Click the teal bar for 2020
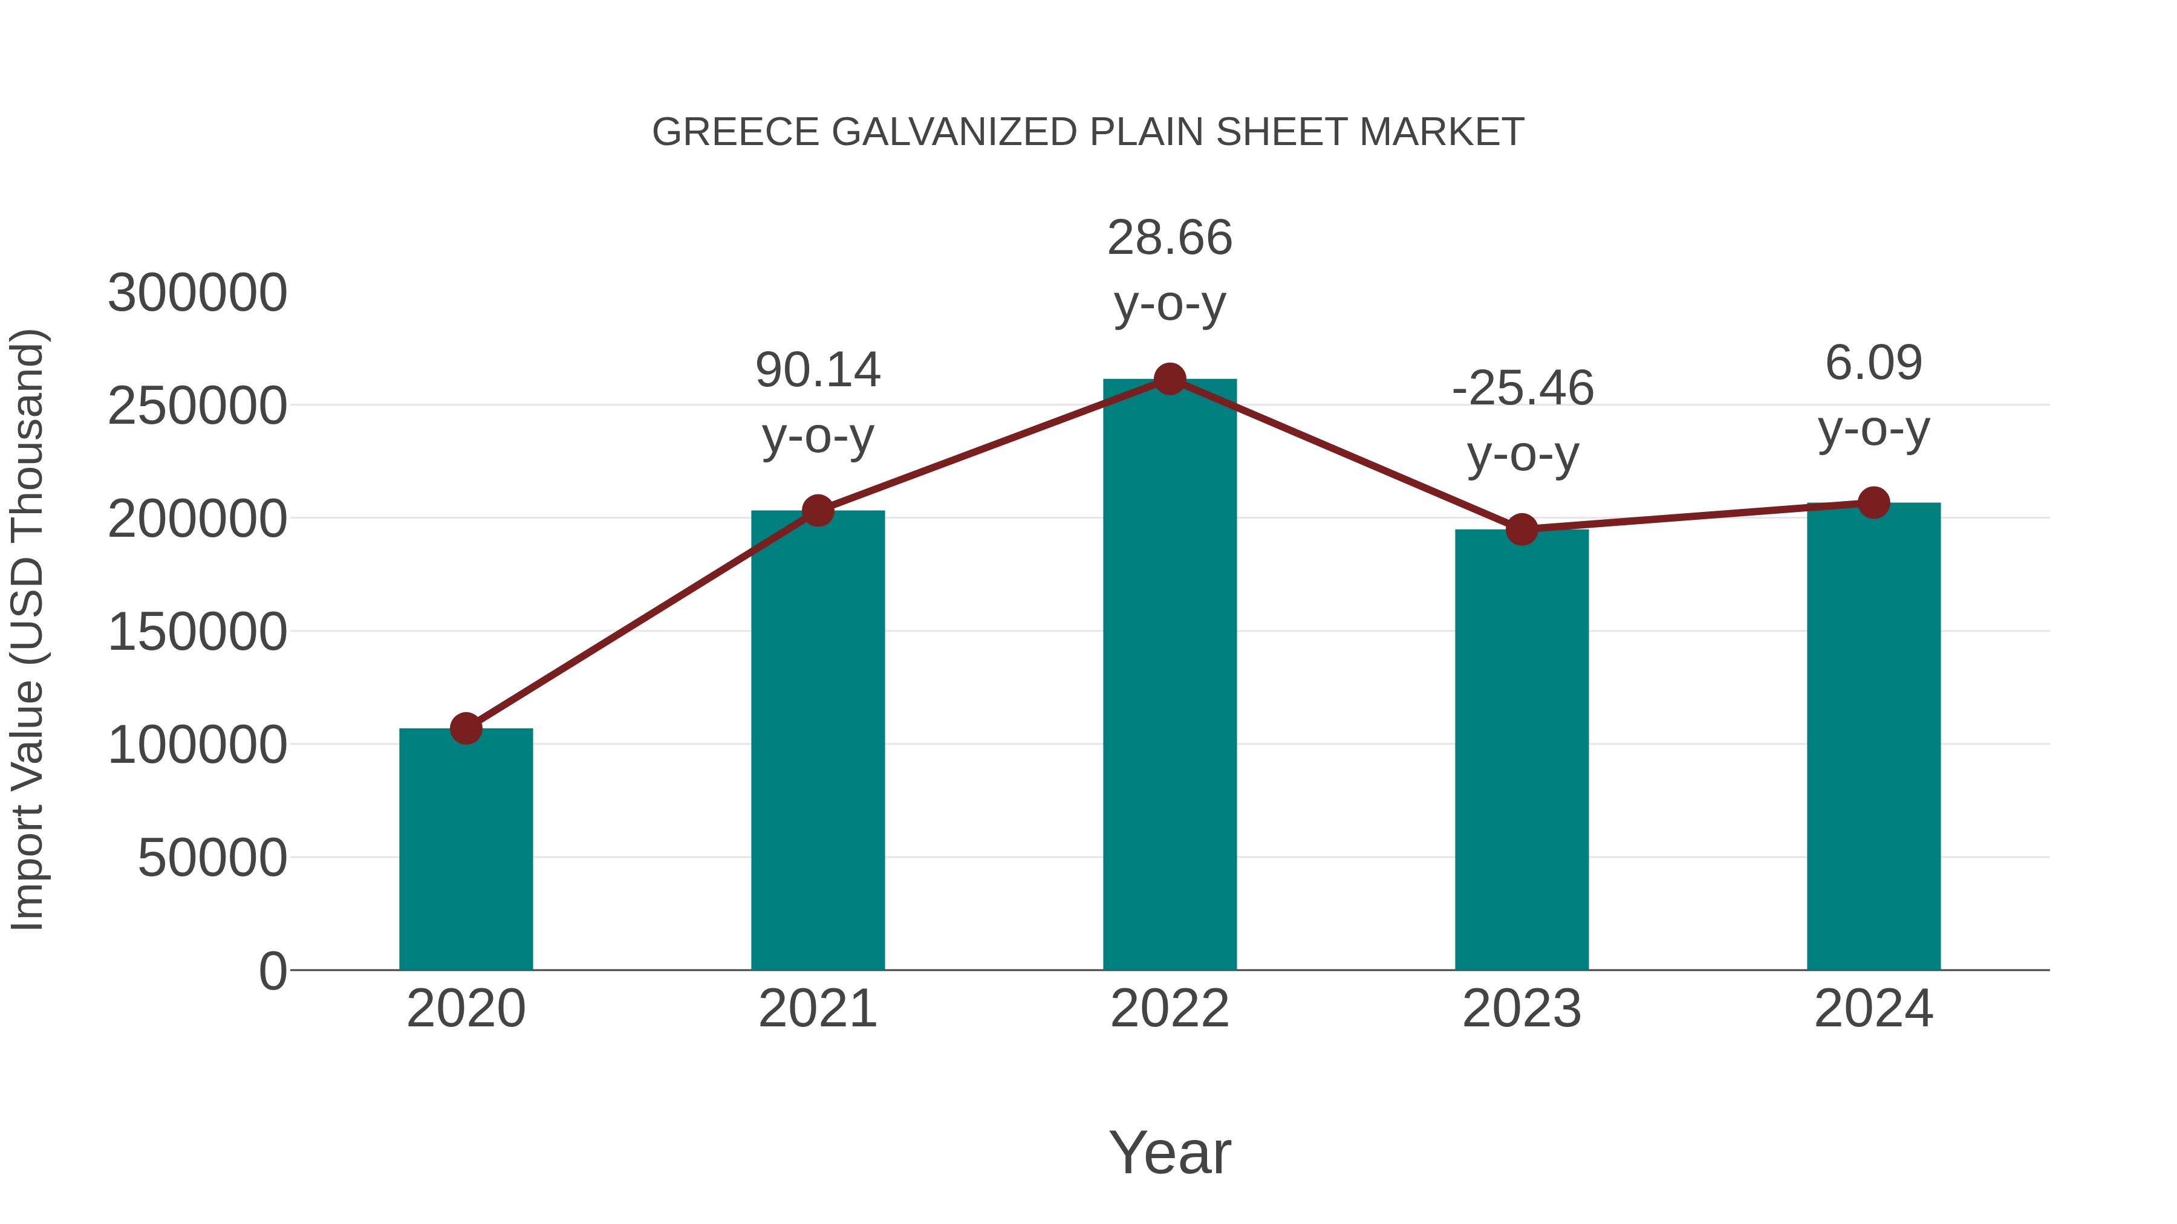point(466,849)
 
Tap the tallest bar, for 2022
point(1170,674)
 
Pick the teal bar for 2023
point(1521,750)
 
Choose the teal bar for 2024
point(1873,736)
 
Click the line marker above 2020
point(466,728)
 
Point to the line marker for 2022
point(1170,379)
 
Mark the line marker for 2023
point(1521,529)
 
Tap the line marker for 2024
point(1873,503)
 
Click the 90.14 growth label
point(818,370)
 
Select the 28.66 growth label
point(1170,238)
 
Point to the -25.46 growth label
point(1523,389)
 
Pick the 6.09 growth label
point(1873,363)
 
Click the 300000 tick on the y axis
point(198,293)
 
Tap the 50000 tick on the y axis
point(212,858)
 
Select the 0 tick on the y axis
point(273,971)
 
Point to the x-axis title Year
point(1170,1152)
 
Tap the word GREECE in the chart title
point(735,132)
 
